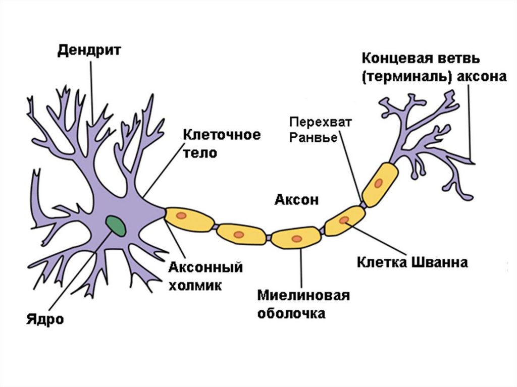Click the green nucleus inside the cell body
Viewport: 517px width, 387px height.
pyautogui.click(x=117, y=225)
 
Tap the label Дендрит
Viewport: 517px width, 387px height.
pyautogui.click(x=89, y=51)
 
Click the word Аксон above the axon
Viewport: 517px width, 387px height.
pyautogui.click(x=296, y=199)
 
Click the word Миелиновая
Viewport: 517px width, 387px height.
pyautogui.click(x=303, y=295)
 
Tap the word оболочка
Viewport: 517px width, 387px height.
pyautogui.click(x=291, y=313)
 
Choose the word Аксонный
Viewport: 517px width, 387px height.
pyautogui.click(x=205, y=267)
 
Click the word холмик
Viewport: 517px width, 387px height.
pyautogui.click(x=195, y=285)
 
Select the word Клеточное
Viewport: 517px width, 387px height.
pyautogui.click(x=222, y=135)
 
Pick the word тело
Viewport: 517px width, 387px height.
pyautogui.click(x=200, y=153)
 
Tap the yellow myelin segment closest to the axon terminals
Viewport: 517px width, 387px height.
pyautogui.click(x=380, y=184)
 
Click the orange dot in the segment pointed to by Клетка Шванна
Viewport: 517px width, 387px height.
pyautogui.click(x=344, y=220)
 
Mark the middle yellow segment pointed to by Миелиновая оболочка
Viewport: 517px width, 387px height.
pyautogui.click(x=296, y=237)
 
